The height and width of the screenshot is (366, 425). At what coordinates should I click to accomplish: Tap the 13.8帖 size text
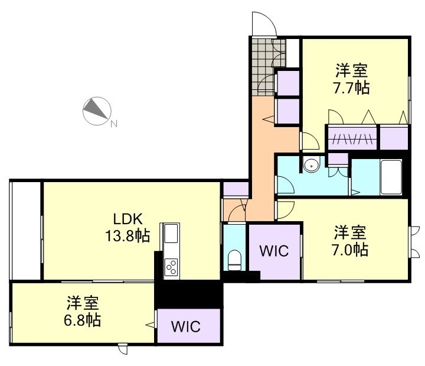127,236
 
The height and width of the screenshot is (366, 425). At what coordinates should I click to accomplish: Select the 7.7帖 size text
352,88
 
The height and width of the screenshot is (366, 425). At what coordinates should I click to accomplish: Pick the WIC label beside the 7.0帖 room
274,251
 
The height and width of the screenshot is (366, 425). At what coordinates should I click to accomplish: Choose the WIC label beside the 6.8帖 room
187,326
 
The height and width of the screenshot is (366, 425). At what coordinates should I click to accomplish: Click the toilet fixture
234,259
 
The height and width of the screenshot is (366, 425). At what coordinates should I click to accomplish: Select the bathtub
391,176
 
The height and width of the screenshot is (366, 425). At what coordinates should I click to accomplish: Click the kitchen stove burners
172,267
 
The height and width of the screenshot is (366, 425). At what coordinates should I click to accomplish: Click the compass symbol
96,110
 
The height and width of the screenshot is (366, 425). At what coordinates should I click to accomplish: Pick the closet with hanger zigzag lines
352,139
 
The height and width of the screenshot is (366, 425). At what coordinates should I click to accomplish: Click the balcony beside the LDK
25,229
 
